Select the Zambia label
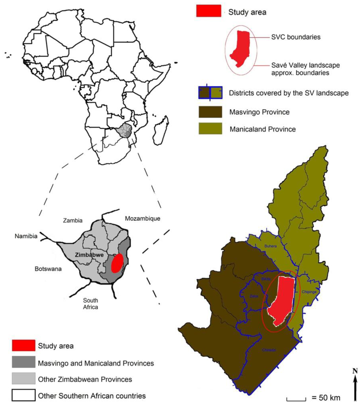(73, 221)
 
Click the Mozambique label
(143, 218)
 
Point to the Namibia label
(26, 236)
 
